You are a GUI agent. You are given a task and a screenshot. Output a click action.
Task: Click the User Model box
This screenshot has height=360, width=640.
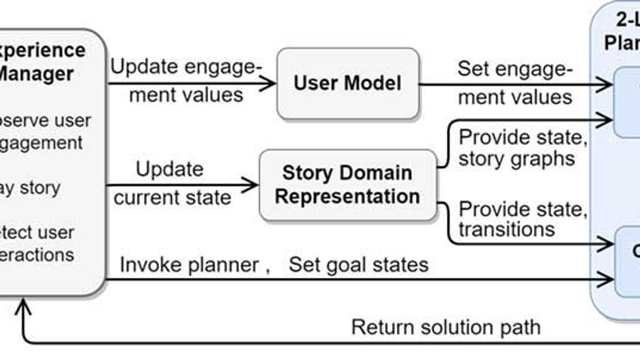(348, 84)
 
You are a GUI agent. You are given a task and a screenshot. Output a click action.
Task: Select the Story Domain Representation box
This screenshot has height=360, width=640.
(348, 185)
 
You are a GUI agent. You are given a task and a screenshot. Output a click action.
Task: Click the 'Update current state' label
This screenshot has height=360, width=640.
(172, 183)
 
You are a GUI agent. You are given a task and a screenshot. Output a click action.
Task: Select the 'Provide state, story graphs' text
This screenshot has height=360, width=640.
(522, 148)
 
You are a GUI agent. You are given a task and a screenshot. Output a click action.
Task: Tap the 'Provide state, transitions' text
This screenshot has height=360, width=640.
(522, 219)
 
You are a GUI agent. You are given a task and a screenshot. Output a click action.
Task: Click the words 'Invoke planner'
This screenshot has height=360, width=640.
(189, 265)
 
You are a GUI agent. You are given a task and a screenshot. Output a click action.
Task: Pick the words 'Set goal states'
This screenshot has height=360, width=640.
(358, 265)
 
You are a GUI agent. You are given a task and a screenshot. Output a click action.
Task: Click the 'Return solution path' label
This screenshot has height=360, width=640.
(446, 327)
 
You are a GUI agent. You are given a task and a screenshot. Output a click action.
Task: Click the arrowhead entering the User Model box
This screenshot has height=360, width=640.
(270, 84)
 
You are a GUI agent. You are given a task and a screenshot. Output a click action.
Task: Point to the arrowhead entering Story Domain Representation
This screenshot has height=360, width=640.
(252, 185)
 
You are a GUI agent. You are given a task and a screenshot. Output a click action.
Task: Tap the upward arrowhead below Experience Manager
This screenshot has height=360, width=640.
(23, 307)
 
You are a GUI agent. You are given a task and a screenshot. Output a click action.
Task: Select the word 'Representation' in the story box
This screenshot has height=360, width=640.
(347, 196)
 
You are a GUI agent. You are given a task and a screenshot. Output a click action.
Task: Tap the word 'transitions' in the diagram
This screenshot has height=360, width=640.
(506, 229)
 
